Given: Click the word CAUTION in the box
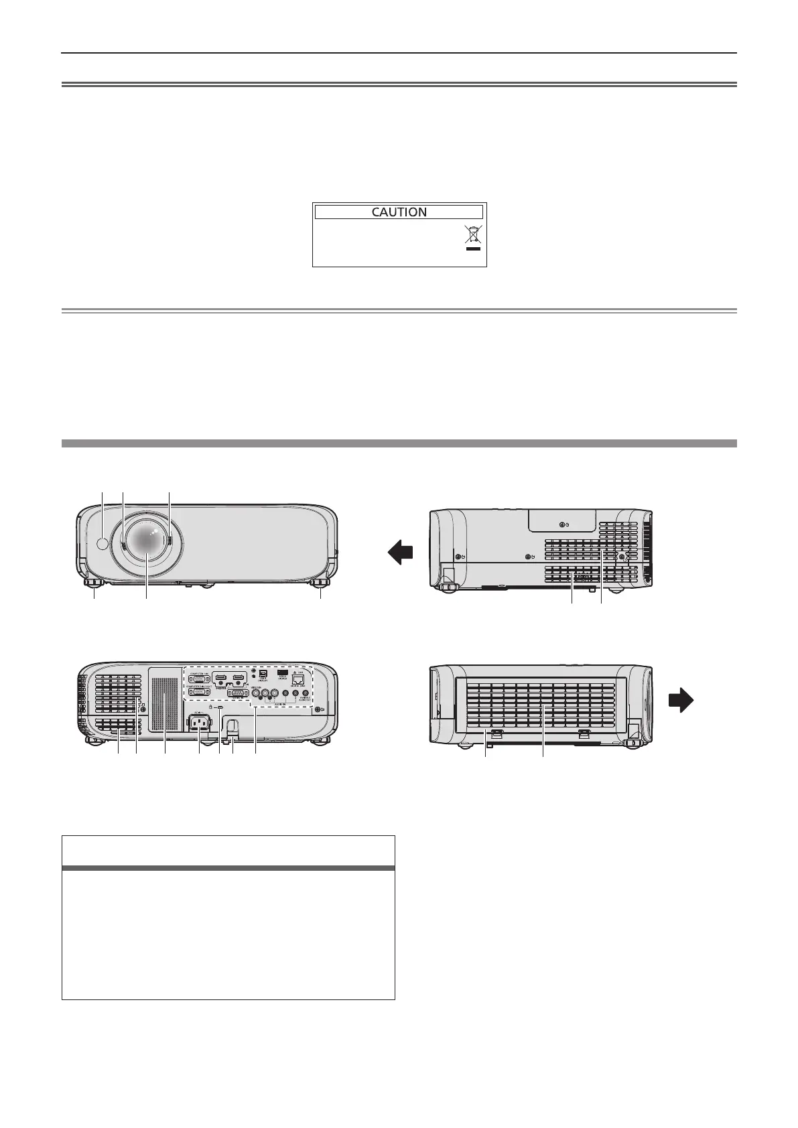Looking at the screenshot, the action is (x=399, y=212).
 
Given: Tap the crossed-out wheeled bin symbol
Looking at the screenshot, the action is (x=473, y=234).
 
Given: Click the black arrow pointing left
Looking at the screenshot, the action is (x=400, y=555).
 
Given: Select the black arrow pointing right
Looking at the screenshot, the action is (x=681, y=701).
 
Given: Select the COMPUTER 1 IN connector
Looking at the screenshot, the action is (x=199, y=679).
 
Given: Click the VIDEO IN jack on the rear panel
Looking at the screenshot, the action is (x=255, y=695).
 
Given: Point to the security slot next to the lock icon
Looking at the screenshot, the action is (x=220, y=707).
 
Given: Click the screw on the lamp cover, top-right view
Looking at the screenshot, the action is (x=561, y=524).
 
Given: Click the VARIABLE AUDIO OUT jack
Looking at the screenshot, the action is (x=306, y=695).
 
